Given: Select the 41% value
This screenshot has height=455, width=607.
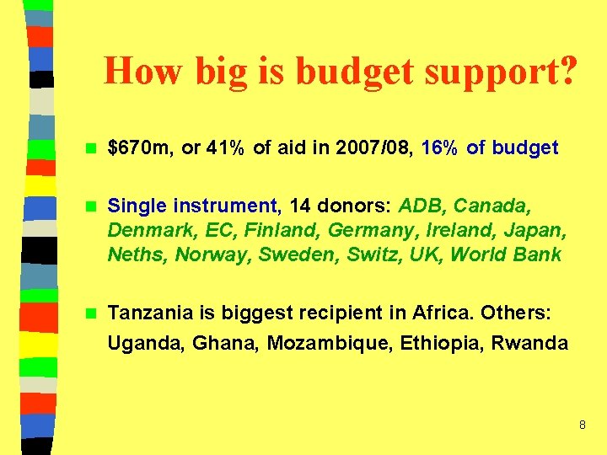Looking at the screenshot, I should [x=226, y=148].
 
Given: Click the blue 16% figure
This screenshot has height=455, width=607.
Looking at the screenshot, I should [x=439, y=148].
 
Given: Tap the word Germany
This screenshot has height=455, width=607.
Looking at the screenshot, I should [x=365, y=230].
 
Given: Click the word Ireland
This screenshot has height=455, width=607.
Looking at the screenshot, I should [x=444, y=230].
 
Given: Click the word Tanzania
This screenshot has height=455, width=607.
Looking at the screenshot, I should [x=151, y=313].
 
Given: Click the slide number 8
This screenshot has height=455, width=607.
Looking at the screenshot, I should [x=582, y=425].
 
